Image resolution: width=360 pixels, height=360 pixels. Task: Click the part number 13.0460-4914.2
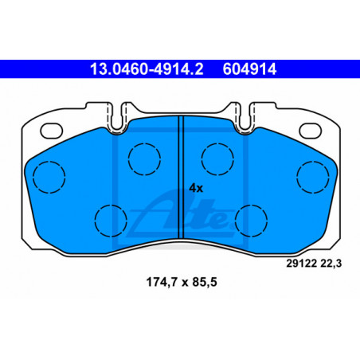point(147,69)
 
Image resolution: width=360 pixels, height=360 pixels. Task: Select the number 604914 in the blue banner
point(249,69)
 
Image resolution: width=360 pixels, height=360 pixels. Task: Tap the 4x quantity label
point(196,188)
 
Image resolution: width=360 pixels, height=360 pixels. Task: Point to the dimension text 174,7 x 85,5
point(182,282)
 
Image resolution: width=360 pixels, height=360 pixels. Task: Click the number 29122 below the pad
point(302,264)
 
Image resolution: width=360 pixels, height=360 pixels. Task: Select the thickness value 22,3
point(331,264)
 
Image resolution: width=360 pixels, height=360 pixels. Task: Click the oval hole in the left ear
point(52,131)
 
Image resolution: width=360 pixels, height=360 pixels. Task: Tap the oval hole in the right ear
point(310,131)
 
